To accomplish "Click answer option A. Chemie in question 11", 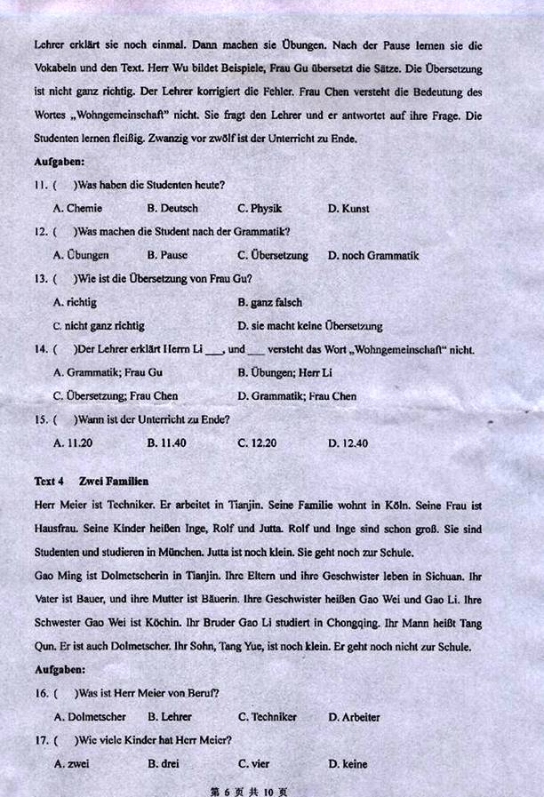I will coord(78,209).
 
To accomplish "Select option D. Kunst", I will coord(348,209).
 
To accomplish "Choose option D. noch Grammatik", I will coord(372,256).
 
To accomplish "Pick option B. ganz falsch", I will coord(269,303).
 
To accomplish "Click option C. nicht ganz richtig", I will coord(99,326).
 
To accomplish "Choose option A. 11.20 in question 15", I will coord(73,442).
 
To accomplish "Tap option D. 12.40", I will coord(348,442).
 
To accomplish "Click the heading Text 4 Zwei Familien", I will coord(91,482).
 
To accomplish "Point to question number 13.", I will coord(41,279).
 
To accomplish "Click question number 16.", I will coord(41,693).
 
